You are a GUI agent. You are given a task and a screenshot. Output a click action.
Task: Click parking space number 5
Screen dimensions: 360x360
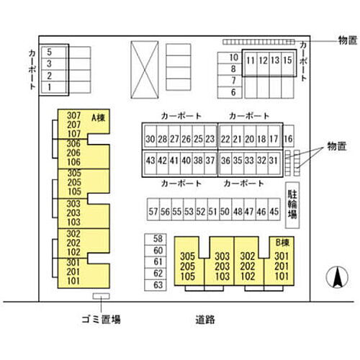(54, 52)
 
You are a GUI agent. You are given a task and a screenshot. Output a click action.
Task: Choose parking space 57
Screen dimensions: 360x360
(153, 210)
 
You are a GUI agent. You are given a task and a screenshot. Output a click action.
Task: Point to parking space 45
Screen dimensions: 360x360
(274, 210)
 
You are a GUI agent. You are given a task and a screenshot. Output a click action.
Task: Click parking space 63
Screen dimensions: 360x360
(156, 285)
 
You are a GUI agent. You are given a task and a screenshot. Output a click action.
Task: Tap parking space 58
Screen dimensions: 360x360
(156, 239)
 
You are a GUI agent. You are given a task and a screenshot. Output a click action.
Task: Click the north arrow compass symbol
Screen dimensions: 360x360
(337, 277)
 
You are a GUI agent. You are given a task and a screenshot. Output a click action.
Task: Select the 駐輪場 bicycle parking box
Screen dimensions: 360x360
(292, 205)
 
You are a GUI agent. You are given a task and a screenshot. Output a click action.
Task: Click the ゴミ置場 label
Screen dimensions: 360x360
(101, 320)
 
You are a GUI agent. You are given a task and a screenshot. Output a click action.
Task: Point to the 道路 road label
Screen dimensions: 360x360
(205, 320)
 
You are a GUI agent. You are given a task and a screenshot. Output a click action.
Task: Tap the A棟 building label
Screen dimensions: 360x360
(99, 117)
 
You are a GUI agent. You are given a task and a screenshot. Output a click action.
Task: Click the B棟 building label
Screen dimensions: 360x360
(282, 243)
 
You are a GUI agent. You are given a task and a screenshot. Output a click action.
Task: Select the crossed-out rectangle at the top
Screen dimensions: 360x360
(145, 70)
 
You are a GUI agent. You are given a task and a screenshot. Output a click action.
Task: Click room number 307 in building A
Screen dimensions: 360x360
(73, 116)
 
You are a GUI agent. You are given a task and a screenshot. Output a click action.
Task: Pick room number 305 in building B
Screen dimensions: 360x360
(187, 256)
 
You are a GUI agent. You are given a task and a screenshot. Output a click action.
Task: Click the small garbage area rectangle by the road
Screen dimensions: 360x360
(101, 296)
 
